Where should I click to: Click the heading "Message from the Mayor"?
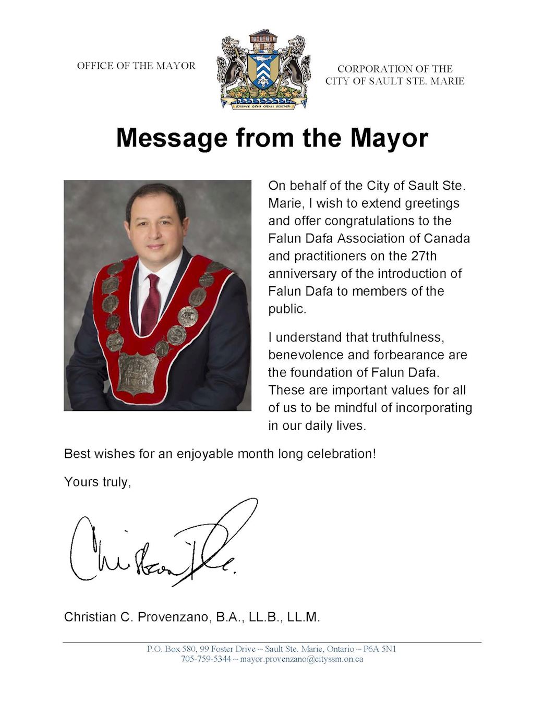[272, 138]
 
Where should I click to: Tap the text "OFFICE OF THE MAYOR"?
[136, 66]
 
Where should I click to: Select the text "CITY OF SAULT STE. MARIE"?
[395, 81]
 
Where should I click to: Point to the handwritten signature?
[162, 545]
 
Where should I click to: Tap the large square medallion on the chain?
[137, 373]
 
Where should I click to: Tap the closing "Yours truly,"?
[97, 482]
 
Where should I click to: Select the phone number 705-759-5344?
[205, 659]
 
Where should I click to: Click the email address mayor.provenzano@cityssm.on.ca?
[301, 659]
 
